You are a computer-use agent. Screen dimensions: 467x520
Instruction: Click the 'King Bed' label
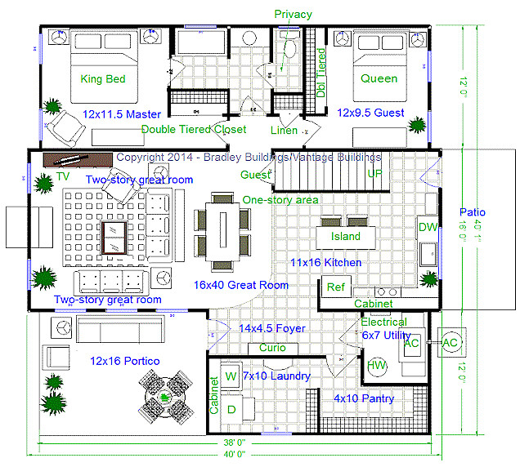[103, 79]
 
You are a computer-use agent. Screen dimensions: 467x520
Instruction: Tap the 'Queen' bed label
[379, 79]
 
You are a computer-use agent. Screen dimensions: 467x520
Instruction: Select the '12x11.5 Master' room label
[122, 113]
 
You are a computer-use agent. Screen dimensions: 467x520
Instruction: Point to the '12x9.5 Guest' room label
[370, 113]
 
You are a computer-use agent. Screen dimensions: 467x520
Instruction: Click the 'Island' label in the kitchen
[345, 237]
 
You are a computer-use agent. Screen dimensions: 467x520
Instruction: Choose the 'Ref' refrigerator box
[335, 287]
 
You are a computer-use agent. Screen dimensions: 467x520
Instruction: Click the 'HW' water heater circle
[377, 365]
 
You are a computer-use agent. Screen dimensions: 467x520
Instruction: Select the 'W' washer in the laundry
[231, 376]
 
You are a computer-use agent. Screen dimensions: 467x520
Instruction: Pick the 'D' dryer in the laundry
[231, 408]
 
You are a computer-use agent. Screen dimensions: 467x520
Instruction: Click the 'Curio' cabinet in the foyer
[272, 348]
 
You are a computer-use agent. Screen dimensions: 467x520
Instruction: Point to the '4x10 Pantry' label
[364, 399]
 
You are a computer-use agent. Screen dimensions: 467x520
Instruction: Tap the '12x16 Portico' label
[125, 361]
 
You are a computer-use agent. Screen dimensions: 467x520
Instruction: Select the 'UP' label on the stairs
[375, 174]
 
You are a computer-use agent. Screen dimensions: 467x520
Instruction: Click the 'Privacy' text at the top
[293, 14]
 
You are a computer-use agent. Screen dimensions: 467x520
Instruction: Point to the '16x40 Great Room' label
[241, 285]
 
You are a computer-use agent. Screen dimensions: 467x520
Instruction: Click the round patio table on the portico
[166, 398]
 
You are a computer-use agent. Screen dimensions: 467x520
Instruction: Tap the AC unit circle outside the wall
[451, 343]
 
